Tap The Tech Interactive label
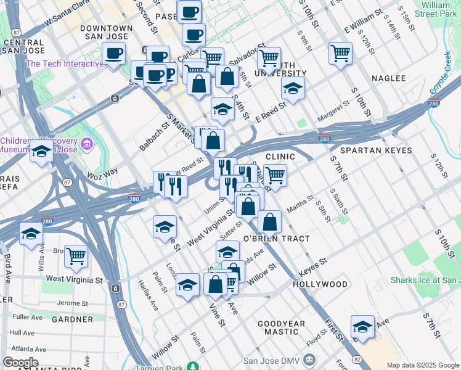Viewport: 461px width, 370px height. click(x=64, y=64)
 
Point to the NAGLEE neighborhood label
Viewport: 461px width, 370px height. click(x=388, y=78)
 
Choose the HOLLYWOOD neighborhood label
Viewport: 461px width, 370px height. click(x=320, y=284)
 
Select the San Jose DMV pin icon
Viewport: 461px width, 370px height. click(x=309, y=359)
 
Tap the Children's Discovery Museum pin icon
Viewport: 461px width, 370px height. click(x=87, y=144)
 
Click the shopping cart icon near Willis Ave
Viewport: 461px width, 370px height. click(x=76, y=255)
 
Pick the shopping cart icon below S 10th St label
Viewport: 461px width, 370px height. click(x=340, y=53)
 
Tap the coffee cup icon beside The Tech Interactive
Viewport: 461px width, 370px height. click(x=113, y=54)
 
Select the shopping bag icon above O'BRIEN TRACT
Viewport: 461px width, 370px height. click(x=269, y=221)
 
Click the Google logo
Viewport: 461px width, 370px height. click(x=20, y=362)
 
